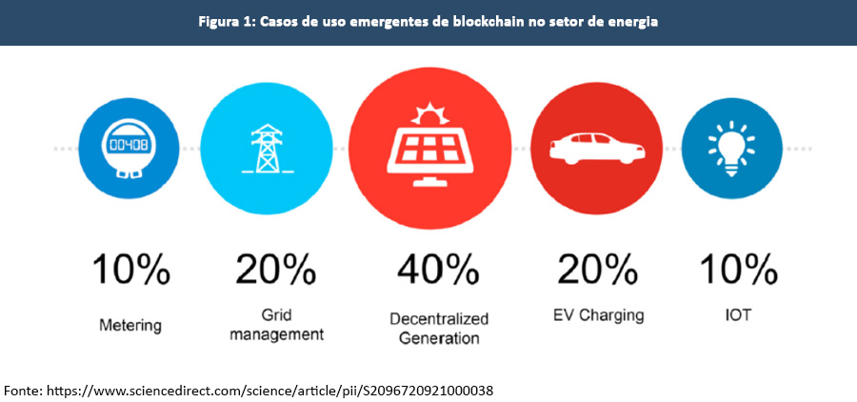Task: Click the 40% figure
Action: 439,270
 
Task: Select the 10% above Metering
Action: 130,270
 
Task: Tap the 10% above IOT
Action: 737,270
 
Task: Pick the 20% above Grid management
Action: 276,270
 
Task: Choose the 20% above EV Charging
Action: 597,270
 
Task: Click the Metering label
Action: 130,326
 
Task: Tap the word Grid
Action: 276,314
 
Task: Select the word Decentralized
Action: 439,318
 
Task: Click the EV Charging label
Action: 597,314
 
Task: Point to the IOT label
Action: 737,314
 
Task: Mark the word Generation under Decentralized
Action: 439,337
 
